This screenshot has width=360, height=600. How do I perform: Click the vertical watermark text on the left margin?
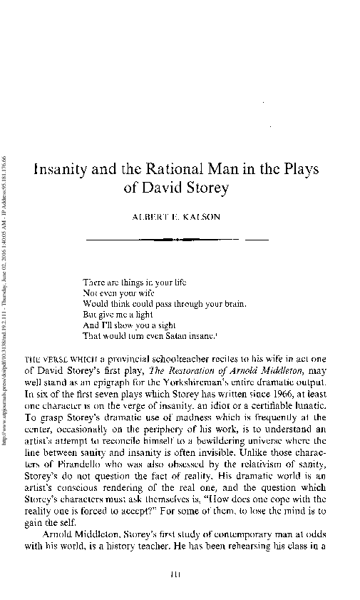(6, 300)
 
